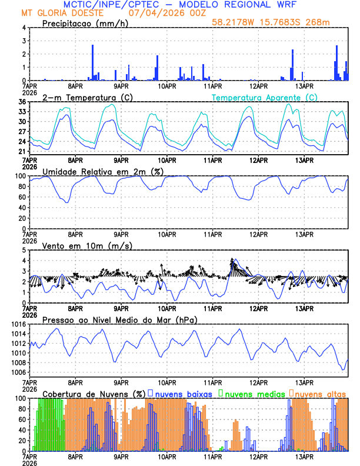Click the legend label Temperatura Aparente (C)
[x=265, y=97]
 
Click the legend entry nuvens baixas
[x=182, y=393]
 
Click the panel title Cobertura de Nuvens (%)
[x=94, y=393]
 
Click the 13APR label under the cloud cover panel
[x=304, y=456]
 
